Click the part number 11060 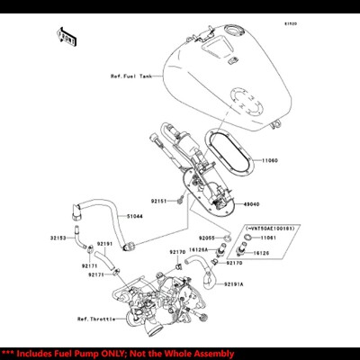pyautogui.click(x=271, y=161)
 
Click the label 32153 pyautogui.click(x=57, y=238)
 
